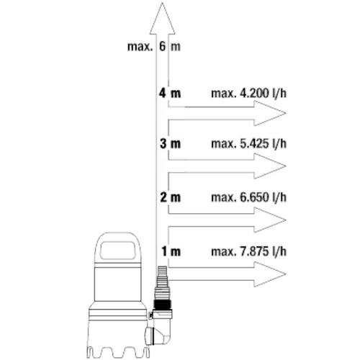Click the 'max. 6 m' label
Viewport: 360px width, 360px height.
click(154, 46)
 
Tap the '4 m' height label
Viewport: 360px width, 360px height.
click(170, 93)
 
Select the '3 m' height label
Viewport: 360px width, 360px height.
click(170, 143)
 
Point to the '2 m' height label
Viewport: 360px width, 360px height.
click(170, 197)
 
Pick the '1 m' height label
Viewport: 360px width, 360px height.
click(171, 251)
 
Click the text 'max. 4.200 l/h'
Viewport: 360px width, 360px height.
click(249, 93)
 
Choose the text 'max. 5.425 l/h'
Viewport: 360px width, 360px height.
click(249, 143)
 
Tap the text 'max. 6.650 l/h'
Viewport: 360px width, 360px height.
click(249, 197)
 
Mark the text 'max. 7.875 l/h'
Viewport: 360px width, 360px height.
click(249, 251)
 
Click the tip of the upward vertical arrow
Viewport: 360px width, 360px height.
click(162, 2)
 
